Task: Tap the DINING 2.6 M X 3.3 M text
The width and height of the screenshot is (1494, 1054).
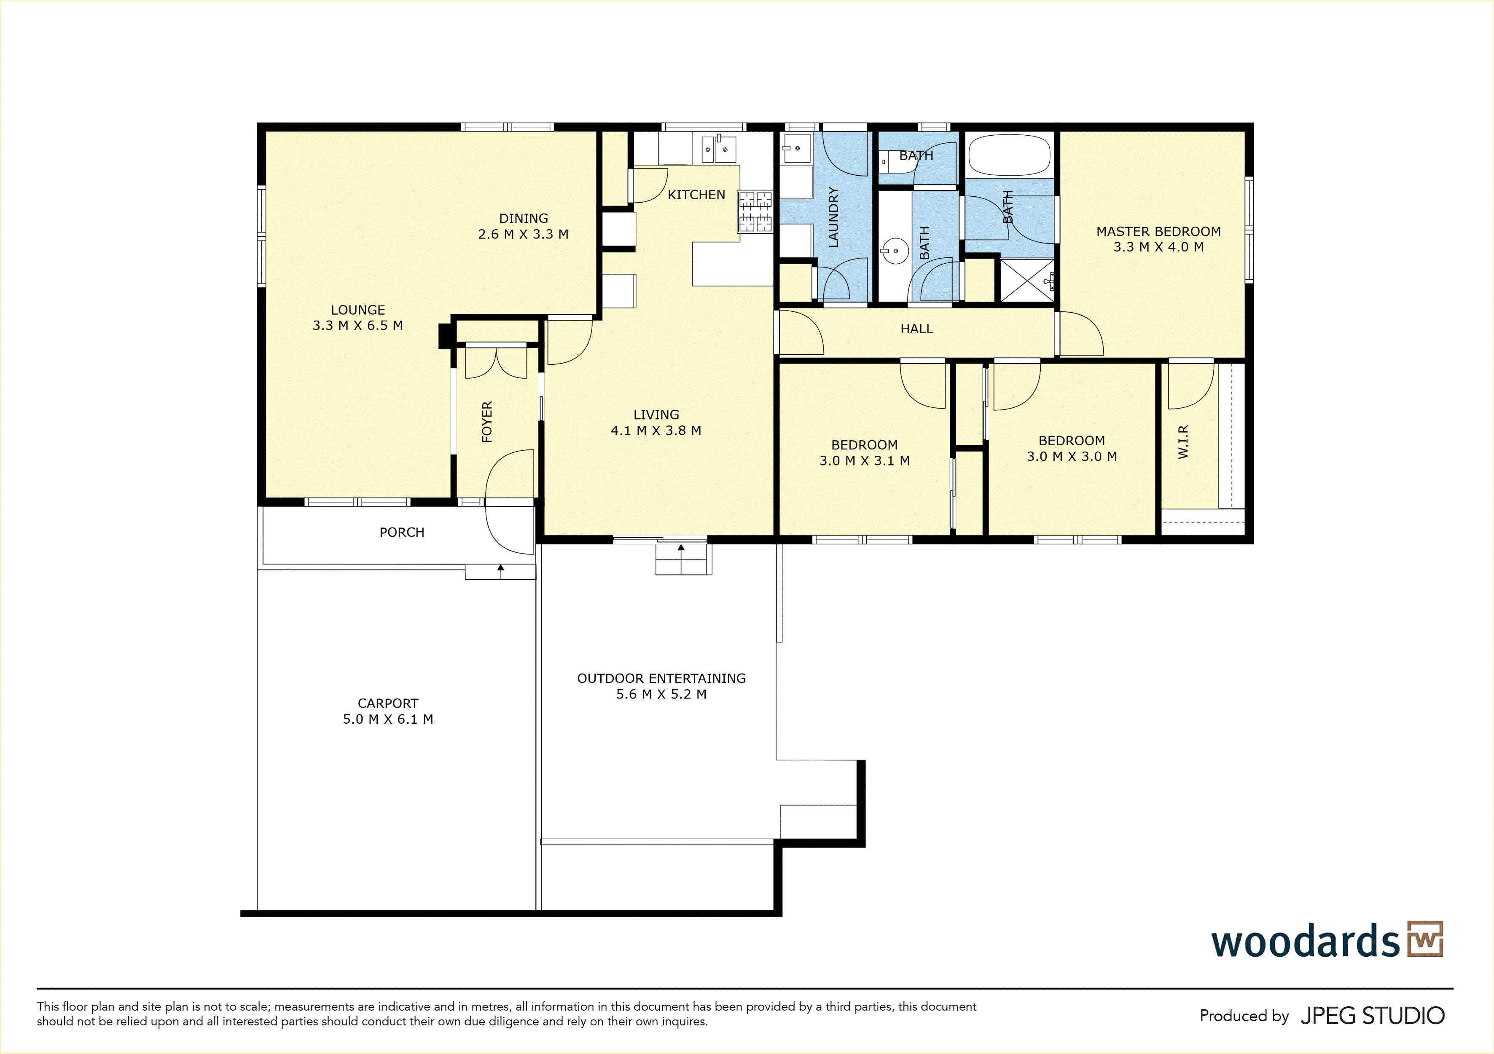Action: (x=523, y=226)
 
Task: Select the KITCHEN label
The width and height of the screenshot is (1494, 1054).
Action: (x=696, y=195)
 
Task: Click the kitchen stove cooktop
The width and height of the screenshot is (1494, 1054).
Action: (x=755, y=211)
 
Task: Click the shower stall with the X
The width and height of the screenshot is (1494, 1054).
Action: (x=1027, y=280)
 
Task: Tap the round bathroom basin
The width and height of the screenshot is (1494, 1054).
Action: (x=895, y=250)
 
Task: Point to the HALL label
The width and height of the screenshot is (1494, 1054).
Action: (x=917, y=329)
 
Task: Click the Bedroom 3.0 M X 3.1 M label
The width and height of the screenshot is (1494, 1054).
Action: (x=864, y=452)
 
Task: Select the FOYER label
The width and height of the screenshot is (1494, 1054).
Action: (x=487, y=422)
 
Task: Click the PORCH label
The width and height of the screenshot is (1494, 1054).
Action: (x=401, y=532)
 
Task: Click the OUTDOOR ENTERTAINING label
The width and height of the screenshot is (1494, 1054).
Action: (x=661, y=686)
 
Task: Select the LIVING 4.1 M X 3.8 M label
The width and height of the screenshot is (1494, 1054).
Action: (x=656, y=423)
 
